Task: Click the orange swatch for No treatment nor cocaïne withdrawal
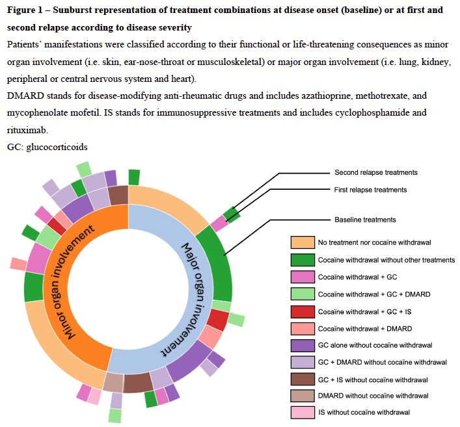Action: (x=303, y=243)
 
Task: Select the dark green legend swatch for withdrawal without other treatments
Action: (x=303, y=260)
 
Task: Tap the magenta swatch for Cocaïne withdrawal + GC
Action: (x=303, y=277)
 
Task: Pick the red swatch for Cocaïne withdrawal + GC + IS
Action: (x=303, y=311)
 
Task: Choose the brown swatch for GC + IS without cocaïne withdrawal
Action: (x=303, y=378)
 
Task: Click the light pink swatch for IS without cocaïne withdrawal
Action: (x=303, y=412)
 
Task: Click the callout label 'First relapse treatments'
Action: (x=370, y=190)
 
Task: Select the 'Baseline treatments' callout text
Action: (x=365, y=220)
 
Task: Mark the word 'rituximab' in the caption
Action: (x=29, y=130)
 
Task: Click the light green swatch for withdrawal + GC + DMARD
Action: (x=303, y=294)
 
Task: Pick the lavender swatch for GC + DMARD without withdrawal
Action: (x=303, y=361)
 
